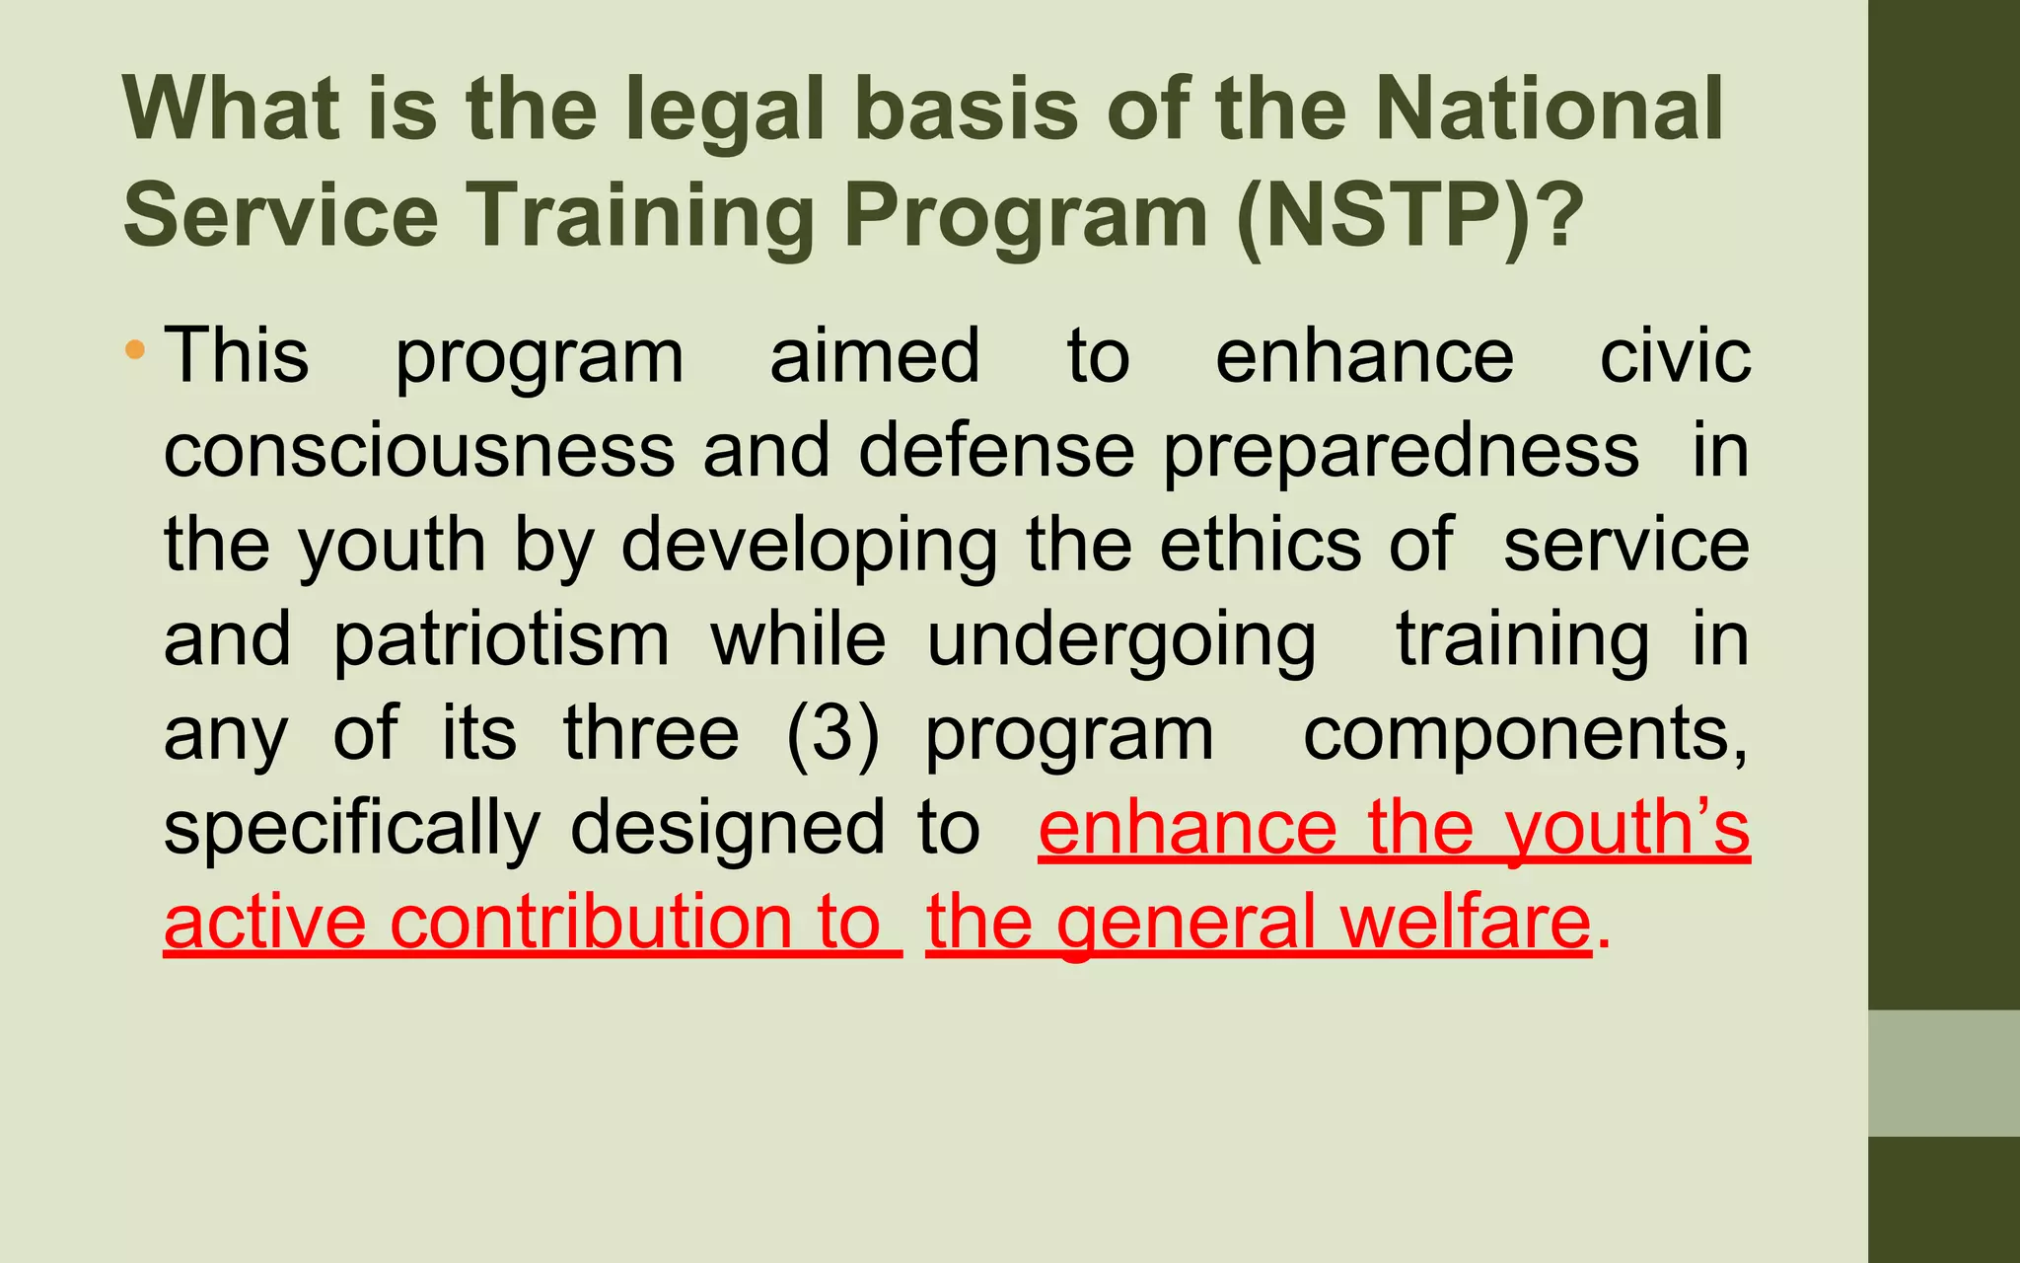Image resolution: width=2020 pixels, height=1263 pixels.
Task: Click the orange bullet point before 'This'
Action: click(135, 349)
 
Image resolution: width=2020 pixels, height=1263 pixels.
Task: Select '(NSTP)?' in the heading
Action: click(1410, 215)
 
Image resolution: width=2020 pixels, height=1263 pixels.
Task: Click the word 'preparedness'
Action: click(1401, 452)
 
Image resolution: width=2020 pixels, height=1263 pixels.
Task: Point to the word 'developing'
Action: click(809, 546)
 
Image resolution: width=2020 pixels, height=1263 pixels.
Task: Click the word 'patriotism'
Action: click(501, 640)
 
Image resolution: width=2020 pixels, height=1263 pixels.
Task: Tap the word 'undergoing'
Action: click(1121, 640)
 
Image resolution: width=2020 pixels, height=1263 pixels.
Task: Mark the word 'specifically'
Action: click(352, 829)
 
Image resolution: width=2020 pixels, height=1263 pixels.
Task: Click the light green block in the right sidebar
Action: click(1944, 1073)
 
